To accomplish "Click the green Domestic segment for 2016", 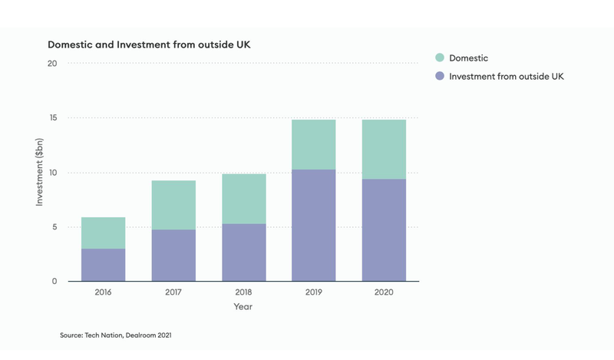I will (103, 233).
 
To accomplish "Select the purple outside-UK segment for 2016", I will (103, 265).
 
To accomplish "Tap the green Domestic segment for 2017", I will (173, 205).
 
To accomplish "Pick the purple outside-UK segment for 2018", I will (243, 253).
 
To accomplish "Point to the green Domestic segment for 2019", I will (313, 144).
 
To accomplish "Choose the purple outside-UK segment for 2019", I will (313, 225).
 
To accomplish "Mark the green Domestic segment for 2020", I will (384, 149).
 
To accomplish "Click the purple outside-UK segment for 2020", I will (384, 230).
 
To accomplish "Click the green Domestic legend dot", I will (439, 58).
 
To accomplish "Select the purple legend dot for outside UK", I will (439, 76).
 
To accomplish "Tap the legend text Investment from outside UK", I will (507, 76).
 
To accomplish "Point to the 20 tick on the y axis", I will (52, 64).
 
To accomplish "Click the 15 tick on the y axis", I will (52, 118).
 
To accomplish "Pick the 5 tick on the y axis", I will (54, 227).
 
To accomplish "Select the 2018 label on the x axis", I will (243, 292).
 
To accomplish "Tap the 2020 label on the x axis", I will (384, 292).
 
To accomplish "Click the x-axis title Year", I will (243, 307).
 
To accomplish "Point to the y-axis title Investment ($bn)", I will (39, 172).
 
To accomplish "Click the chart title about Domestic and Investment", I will (149, 45).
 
